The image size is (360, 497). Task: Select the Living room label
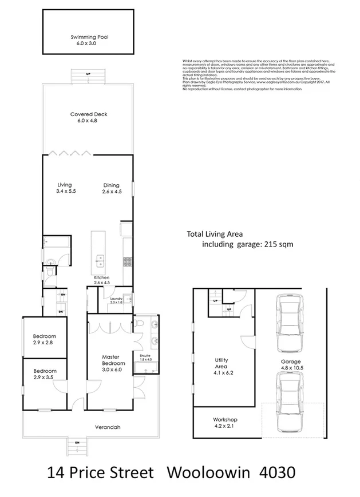pyautogui.click(x=65, y=188)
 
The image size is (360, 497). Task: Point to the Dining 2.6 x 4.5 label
pyautogui.click(x=111, y=188)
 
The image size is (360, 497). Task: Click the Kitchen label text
pyautogui.click(x=101, y=280)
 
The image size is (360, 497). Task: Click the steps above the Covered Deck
pyautogui.click(x=88, y=77)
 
